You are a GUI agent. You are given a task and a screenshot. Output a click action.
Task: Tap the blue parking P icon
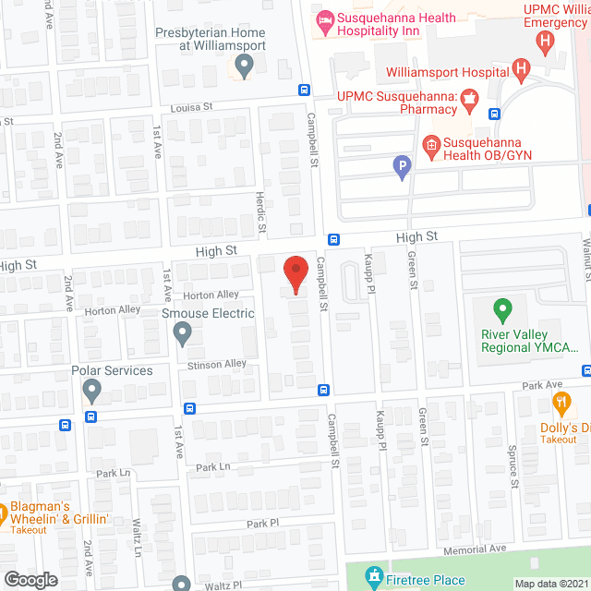[402, 167]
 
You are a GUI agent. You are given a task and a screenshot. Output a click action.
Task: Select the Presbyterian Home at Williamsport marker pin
[244, 66]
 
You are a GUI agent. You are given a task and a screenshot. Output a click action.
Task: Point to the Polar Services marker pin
[91, 392]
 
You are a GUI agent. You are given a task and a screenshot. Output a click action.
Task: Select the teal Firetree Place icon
[374, 576]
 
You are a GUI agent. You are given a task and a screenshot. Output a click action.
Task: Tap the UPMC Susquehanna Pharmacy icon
[468, 97]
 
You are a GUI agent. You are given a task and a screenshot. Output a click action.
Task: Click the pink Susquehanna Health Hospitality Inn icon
[323, 19]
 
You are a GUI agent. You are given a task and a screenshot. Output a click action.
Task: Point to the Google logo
[30, 579]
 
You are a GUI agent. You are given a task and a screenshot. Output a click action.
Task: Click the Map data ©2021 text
[550, 584]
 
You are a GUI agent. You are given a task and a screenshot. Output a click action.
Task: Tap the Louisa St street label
[191, 107]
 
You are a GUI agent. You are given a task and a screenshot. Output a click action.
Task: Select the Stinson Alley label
[217, 365]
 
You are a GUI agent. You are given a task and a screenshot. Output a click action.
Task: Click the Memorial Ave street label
[476, 549]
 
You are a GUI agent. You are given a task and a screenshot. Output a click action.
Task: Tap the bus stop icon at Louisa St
[304, 90]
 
